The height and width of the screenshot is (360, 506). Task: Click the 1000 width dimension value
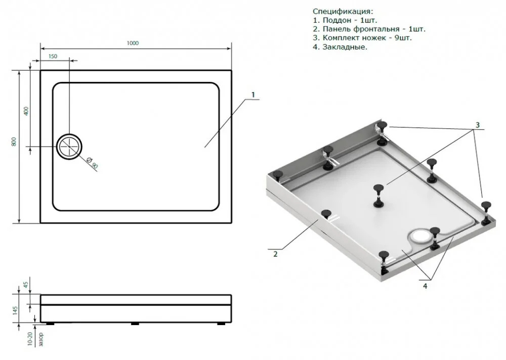click(133, 43)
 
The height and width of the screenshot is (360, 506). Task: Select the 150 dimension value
click(53, 57)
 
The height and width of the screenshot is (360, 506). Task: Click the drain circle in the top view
click(69, 147)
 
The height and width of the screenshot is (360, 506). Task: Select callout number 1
click(252, 95)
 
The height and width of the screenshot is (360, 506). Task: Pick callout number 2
click(275, 254)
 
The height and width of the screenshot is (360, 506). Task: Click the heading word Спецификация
click(343, 11)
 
